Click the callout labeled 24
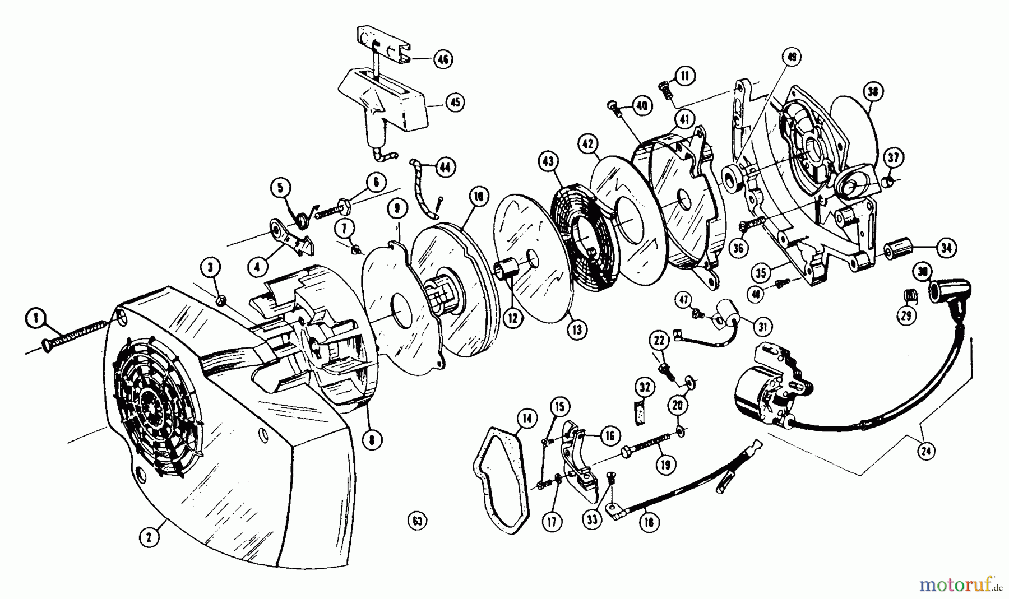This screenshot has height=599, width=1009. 928,449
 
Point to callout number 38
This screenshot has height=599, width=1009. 873,92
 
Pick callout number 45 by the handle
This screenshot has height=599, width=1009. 455,102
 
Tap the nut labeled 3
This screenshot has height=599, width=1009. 221,300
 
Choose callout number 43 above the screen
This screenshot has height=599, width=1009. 548,162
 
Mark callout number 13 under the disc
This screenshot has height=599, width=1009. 577,329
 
